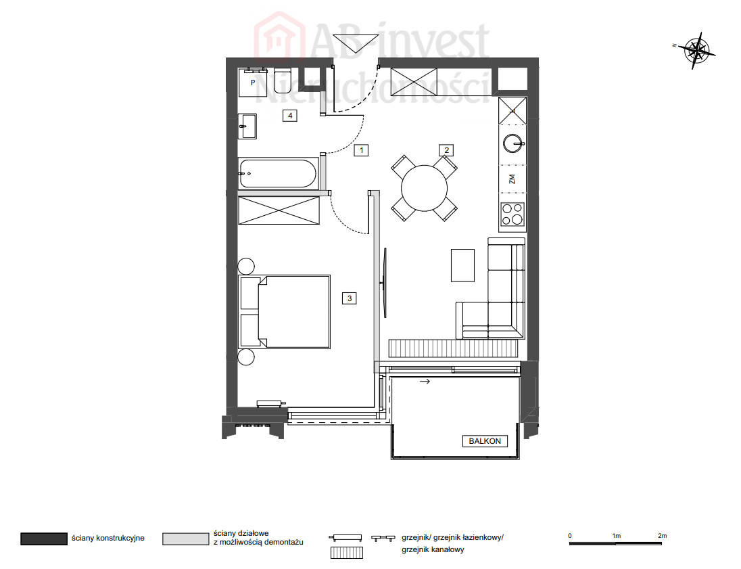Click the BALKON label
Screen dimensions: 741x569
(x=484, y=441)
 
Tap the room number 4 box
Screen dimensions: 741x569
(x=289, y=116)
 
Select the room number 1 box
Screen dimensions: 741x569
(x=361, y=150)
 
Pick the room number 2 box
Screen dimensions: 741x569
(x=446, y=150)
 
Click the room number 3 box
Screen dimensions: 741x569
(x=350, y=298)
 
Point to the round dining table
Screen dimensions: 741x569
(x=424, y=188)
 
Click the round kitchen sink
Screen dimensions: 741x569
(x=512, y=143)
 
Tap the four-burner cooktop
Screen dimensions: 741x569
(x=512, y=214)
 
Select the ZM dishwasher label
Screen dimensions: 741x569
(x=512, y=179)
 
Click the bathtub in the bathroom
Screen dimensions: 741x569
(x=278, y=174)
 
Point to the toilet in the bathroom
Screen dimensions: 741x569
(x=283, y=81)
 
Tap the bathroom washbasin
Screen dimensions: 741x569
(x=247, y=127)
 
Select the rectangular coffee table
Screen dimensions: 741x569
(x=462, y=265)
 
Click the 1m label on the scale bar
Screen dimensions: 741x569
(x=616, y=536)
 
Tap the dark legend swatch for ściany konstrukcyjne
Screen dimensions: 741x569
(x=43, y=539)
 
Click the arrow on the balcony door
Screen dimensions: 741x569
(x=425, y=381)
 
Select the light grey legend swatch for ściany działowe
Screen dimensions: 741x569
(x=185, y=539)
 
